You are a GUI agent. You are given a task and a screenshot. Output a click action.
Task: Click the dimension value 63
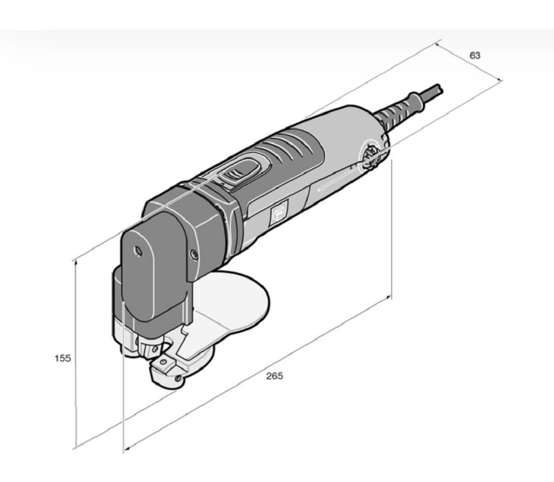click(x=475, y=55)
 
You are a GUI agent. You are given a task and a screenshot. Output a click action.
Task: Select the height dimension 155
click(x=63, y=358)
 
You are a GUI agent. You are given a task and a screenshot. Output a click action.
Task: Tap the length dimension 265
click(x=275, y=376)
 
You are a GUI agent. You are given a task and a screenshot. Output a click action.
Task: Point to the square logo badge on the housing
click(x=279, y=212)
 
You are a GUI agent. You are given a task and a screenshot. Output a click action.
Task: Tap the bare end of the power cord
click(x=439, y=89)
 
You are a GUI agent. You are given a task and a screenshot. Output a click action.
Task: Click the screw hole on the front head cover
click(x=137, y=251)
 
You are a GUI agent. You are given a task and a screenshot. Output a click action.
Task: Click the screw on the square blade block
click(x=163, y=362)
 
